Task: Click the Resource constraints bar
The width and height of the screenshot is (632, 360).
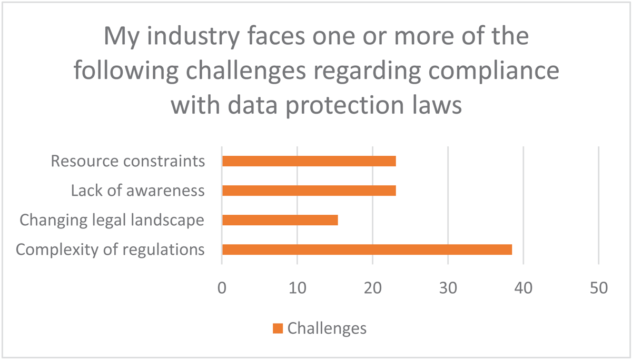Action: [309, 161]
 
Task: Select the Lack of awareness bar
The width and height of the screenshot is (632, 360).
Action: [309, 191]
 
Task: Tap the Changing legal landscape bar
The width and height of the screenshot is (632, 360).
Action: [280, 220]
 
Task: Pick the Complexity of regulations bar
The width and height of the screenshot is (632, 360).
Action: [367, 249]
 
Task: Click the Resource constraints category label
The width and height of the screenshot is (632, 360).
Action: [127, 161]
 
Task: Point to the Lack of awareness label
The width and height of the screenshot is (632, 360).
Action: [137, 191]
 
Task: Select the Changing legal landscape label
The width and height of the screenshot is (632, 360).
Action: [112, 220]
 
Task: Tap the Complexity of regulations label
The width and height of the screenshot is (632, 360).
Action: [110, 249]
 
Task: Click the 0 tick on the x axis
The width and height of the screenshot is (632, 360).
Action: [222, 288]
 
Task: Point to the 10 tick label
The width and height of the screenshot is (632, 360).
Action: [297, 288]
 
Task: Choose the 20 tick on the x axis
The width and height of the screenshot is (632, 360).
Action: [372, 288]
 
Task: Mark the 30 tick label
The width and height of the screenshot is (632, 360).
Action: [448, 288]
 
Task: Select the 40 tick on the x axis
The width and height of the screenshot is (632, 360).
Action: [523, 288]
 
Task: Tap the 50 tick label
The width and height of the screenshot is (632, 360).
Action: [598, 288]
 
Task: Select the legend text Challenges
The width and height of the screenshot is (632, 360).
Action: [327, 328]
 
